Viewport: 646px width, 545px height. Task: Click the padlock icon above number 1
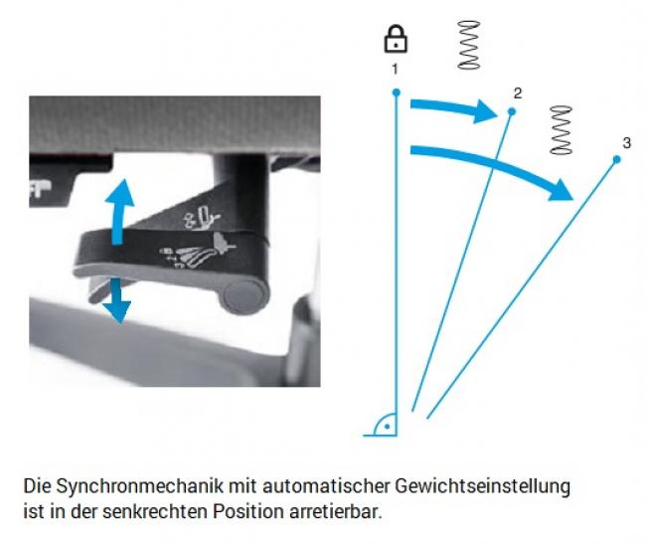tap(396, 39)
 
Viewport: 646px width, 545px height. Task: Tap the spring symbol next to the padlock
tap(469, 45)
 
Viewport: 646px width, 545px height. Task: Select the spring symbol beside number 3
tap(562, 130)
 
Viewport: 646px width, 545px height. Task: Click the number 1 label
tap(396, 69)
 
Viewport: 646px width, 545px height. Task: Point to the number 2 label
tap(518, 93)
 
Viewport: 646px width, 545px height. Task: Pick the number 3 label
tap(627, 143)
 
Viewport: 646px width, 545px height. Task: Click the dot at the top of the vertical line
tap(397, 92)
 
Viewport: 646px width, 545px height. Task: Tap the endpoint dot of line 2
tap(512, 111)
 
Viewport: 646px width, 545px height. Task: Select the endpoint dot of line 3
tap(617, 159)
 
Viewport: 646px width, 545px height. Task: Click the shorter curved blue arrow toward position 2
tap(453, 107)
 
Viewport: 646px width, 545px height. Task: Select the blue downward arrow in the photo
tap(117, 300)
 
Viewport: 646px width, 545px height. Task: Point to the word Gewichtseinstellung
tap(482, 486)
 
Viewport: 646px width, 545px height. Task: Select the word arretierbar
tap(335, 511)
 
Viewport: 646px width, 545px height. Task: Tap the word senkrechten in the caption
tap(155, 511)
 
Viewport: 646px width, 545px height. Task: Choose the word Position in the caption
tap(248, 511)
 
